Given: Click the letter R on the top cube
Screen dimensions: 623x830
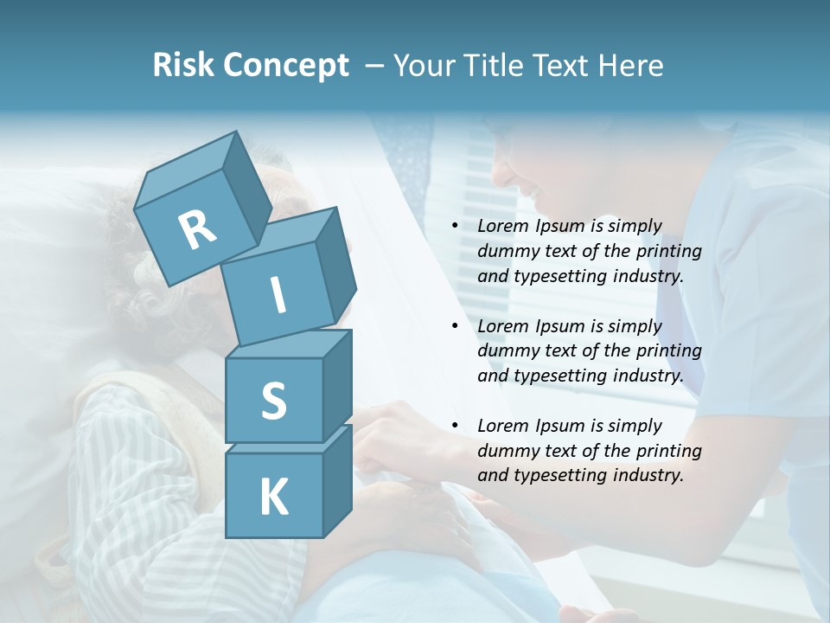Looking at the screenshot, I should (x=198, y=229).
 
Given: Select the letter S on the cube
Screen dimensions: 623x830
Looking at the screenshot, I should (x=273, y=401).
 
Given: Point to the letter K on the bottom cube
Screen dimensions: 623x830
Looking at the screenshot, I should (x=273, y=497).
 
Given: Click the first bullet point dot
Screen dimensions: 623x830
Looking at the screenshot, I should (x=455, y=227).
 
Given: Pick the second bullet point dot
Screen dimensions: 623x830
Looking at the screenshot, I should (x=455, y=326).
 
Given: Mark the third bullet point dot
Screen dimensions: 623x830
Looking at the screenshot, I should (x=455, y=426).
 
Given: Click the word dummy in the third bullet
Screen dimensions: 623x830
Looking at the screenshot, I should (x=508, y=450).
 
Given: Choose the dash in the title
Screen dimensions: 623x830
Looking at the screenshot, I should (x=374, y=65).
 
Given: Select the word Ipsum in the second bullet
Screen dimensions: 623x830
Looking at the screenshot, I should (x=558, y=326).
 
